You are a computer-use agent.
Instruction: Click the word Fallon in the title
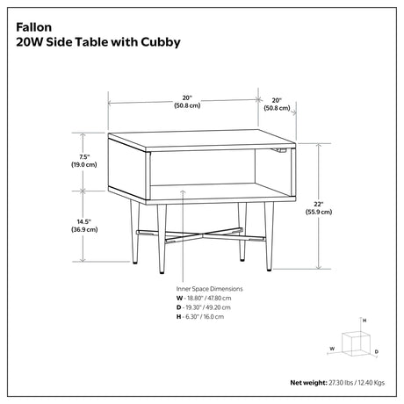(x=34, y=27)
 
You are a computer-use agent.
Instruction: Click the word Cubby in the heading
(x=161, y=42)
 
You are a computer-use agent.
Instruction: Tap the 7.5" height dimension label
(x=84, y=157)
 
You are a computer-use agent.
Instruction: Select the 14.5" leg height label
(x=84, y=222)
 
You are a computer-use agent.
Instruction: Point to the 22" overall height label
(x=319, y=205)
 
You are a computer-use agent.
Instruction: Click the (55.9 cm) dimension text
(x=319, y=212)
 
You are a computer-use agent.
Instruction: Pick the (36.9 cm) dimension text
(x=84, y=229)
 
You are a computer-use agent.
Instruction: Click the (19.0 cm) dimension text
(x=84, y=164)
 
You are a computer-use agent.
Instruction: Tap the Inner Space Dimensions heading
(x=209, y=289)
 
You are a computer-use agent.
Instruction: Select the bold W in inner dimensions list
(x=179, y=299)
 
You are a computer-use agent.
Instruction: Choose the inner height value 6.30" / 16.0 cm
(x=205, y=316)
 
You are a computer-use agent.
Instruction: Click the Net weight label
(x=308, y=383)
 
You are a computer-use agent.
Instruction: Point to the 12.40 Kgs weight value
(x=372, y=383)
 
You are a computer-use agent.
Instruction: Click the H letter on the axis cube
(x=364, y=321)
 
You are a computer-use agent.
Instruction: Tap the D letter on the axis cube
(x=377, y=351)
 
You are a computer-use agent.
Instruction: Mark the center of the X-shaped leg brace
(x=202, y=234)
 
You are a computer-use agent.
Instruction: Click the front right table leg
(x=269, y=236)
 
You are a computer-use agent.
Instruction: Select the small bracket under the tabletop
(x=279, y=150)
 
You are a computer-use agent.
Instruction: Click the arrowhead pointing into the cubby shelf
(x=183, y=191)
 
